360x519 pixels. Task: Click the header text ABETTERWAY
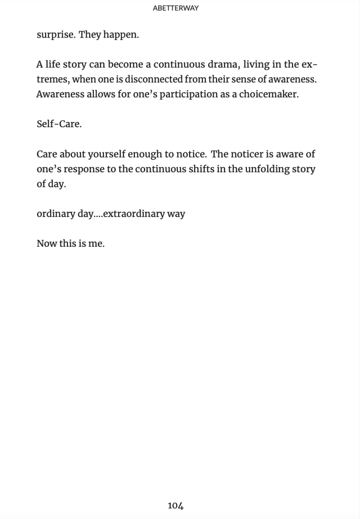(x=175, y=8)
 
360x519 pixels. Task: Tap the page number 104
(x=175, y=505)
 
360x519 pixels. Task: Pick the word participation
(x=189, y=95)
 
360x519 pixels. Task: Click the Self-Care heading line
(x=59, y=124)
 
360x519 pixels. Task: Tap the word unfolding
(x=267, y=169)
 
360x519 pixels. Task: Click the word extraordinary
(x=134, y=213)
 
